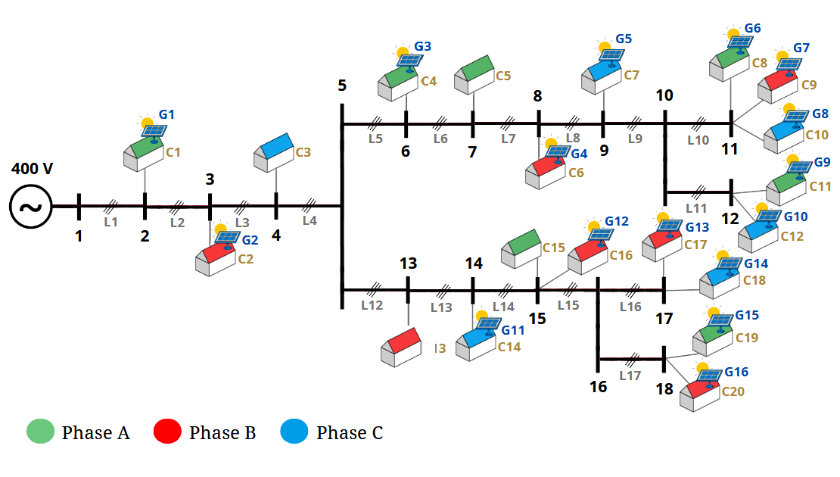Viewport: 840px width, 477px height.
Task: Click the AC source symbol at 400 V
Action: (x=31, y=206)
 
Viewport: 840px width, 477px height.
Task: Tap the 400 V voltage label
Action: (x=32, y=168)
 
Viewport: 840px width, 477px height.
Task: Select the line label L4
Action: (x=310, y=221)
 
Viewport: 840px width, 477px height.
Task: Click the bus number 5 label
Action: (x=342, y=86)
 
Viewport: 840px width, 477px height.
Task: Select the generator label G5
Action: (x=624, y=39)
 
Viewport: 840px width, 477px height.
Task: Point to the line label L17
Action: (x=630, y=376)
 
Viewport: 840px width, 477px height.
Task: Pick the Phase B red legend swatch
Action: (x=167, y=432)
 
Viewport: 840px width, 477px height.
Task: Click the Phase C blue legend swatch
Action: (x=294, y=432)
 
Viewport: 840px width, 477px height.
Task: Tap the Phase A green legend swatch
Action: (x=40, y=432)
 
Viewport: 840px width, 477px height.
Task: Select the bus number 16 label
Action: (x=598, y=387)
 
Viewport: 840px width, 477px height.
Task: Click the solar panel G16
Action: (x=709, y=375)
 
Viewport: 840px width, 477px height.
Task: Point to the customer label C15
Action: (x=554, y=248)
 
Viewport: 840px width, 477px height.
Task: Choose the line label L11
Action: (x=696, y=207)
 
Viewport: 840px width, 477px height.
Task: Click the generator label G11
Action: (x=513, y=330)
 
